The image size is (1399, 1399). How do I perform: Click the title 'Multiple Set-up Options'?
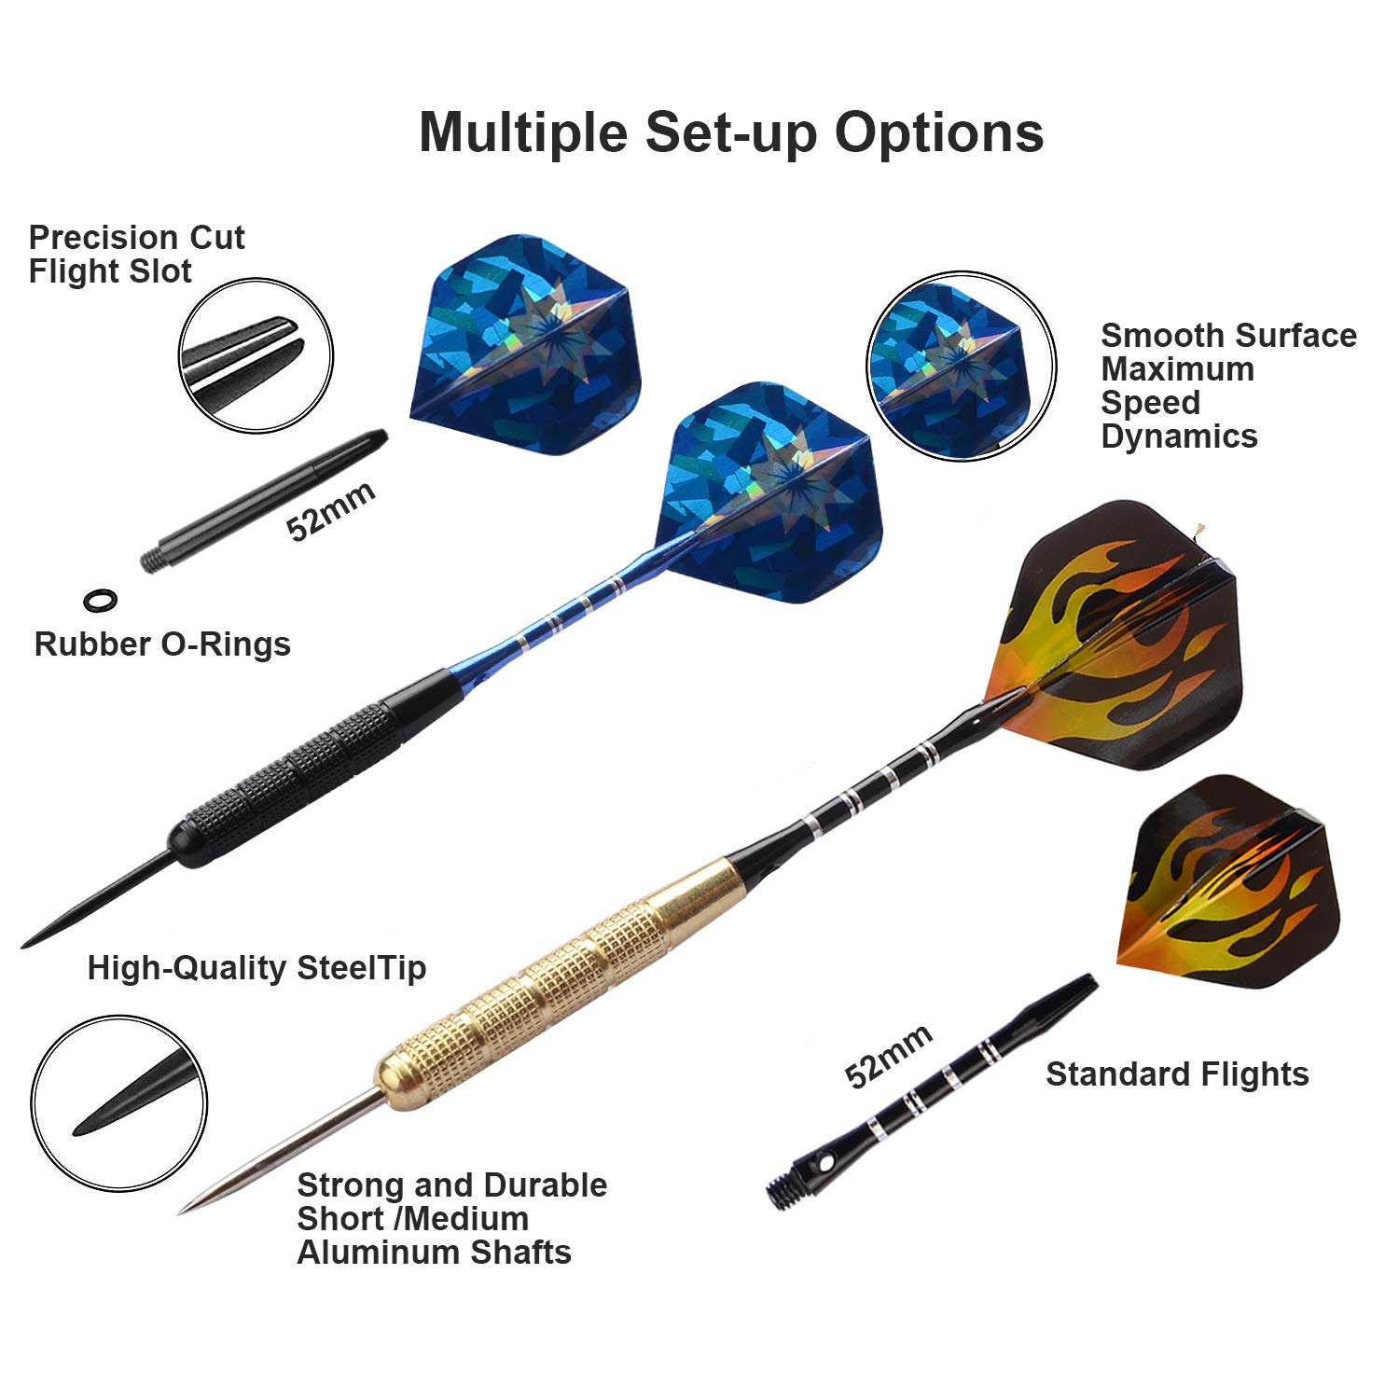pyautogui.click(x=731, y=132)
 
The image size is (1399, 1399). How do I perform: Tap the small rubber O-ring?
pyautogui.click(x=101, y=600)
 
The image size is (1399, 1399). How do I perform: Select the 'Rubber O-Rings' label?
pyautogui.click(x=162, y=644)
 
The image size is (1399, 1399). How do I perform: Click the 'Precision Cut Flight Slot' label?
pyautogui.click(x=136, y=254)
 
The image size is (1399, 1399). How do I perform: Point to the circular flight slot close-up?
pyautogui.click(x=256, y=355)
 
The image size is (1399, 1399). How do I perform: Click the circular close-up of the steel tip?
pyautogui.click(x=119, y=1102)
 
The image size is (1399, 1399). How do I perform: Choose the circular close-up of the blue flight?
pyautogui.click(x=962, y=367)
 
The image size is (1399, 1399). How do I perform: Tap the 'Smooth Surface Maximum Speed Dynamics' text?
pyautogui.click(x=1227, y=385)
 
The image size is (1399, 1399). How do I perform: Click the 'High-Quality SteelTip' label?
pyautogui.click(x=256, y=968)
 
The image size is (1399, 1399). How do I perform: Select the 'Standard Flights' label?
pyautogui.click(x=1177, y=1074)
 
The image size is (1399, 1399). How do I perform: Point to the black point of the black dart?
pyautogui.click(x=93, y=900)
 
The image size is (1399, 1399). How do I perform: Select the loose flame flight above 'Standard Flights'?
pyautogui.click(x=1226, y=872)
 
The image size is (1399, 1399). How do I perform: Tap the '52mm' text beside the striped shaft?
pyautogui.click(x=888, y=1056)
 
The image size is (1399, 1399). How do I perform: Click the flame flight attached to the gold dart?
pyautogui.click(x=1119, y=634)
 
